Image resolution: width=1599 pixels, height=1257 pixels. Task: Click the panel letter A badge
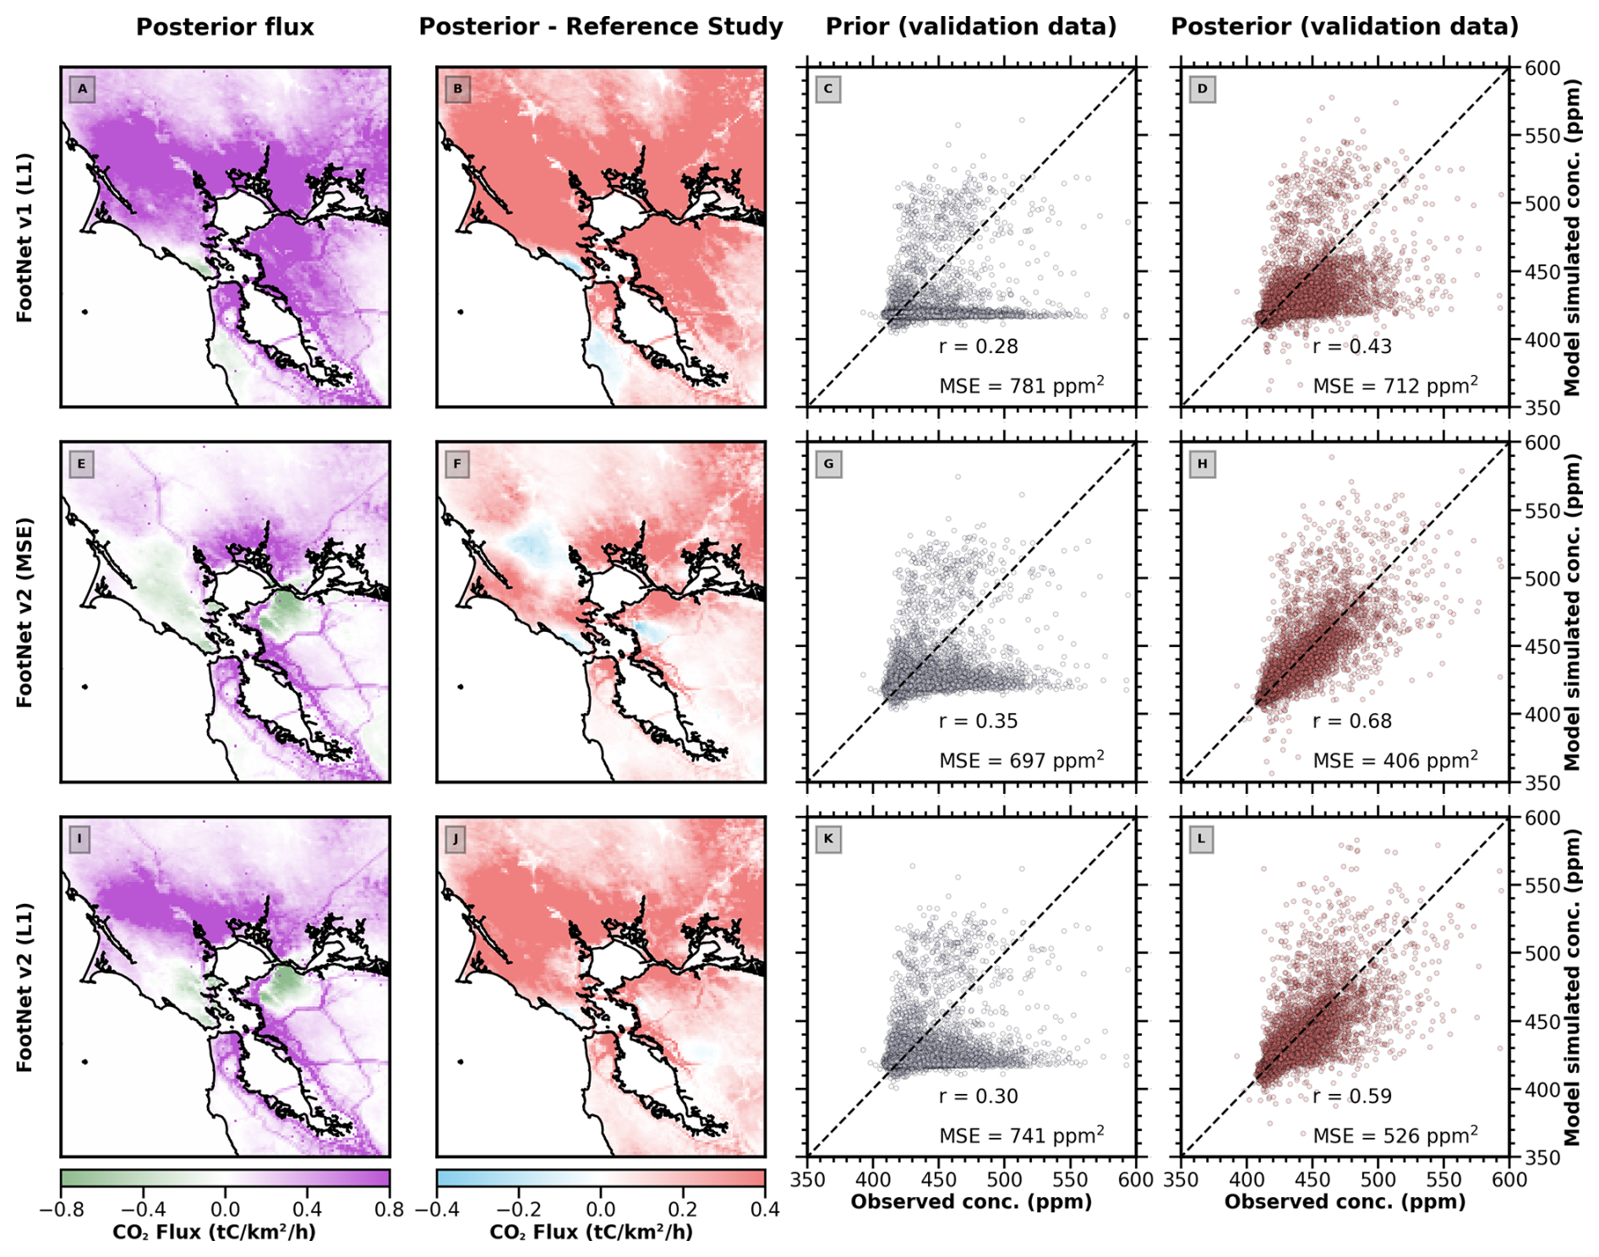82,89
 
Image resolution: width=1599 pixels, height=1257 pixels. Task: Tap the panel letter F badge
457,464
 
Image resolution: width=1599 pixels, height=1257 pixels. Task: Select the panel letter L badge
1201,839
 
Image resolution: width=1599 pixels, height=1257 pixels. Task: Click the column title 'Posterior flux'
225,27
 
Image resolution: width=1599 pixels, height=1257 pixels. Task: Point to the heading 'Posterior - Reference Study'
601,27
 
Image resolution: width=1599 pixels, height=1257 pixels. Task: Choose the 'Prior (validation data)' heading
971,27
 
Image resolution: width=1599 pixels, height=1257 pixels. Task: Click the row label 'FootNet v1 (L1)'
25,237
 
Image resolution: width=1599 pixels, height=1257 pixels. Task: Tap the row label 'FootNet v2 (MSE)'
25,612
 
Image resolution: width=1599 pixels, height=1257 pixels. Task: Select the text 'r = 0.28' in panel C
978,346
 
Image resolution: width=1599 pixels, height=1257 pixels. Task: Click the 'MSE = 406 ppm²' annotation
1394,760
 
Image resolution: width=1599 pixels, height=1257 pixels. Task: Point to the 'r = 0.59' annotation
1351,1096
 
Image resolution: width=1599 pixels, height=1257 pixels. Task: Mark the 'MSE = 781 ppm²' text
1021,386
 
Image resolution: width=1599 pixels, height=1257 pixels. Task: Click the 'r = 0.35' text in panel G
978,721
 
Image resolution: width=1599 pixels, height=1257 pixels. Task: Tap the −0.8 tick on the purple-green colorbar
62,1210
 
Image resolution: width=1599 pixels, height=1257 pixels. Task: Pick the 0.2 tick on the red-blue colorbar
683,1210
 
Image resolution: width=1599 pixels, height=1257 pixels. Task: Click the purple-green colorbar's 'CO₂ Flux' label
214,1233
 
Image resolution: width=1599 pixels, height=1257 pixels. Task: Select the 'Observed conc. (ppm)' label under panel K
971,1202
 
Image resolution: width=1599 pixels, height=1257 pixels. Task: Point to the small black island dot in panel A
85,312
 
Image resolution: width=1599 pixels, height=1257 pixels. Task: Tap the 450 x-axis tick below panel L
1312,1179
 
